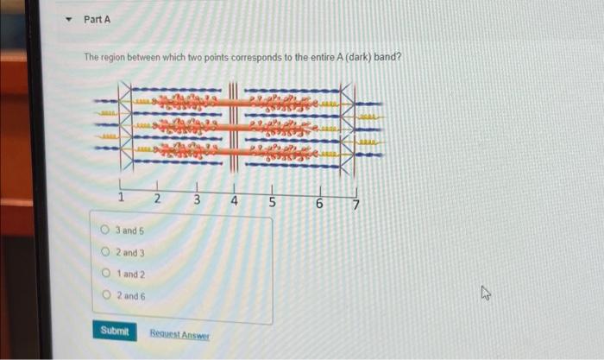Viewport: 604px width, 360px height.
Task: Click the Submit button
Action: (x=114, y=332)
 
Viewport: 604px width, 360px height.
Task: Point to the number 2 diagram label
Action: (x=158, y=200)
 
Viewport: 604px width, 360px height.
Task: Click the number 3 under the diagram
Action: (x=197, y=201)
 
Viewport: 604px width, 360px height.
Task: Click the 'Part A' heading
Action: (x=98, y=19)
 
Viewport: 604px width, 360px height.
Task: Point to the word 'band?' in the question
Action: (x=391, y=58)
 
